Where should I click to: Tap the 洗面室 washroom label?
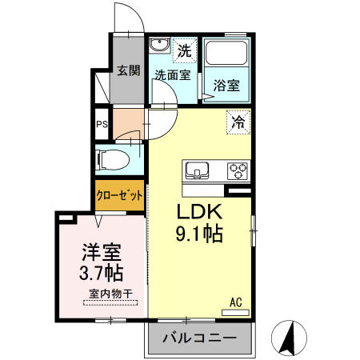[171, 75]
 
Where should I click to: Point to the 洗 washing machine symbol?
[184, 50]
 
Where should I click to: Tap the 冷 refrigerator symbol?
[238, 122]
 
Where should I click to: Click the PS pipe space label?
[102, 124]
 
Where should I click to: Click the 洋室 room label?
[101, 254]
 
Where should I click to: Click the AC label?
[236, 302]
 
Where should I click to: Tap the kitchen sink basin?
[197, 170]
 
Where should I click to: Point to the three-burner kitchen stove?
[238, 170]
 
